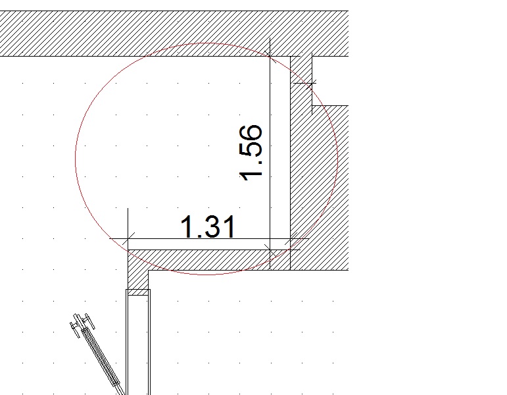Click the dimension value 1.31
pos(208,227)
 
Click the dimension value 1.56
pos(251,153)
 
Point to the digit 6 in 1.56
pos(251,134)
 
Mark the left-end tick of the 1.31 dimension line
pos(128,239)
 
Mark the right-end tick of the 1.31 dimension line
pos(291,239)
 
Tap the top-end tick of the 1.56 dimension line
pos(270,57)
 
